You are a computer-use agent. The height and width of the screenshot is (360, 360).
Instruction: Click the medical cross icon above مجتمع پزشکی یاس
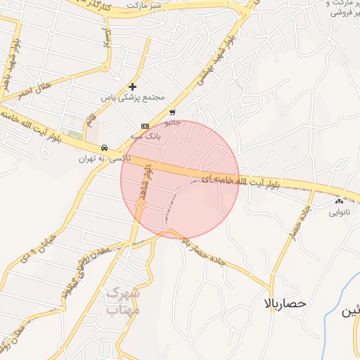(132, 86)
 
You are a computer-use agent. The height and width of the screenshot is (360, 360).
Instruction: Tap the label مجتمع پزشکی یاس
(132, 96)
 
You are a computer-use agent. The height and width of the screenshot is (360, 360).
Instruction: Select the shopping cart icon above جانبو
(172, 112)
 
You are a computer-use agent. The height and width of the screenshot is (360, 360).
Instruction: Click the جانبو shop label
(172, 122)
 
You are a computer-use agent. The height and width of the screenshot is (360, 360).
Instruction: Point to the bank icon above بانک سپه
(145, 126)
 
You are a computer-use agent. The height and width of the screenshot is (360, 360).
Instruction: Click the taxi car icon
(104, 148)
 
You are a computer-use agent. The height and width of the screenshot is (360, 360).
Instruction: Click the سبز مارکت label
(144, 5)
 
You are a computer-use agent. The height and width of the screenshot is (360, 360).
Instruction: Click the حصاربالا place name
(285, 303)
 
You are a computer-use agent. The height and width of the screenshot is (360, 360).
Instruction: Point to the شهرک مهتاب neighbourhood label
(122, 301)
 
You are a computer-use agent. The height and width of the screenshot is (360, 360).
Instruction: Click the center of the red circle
(180, 179)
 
